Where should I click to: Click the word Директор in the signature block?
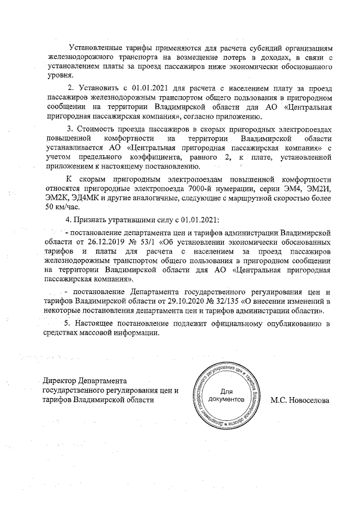point(60,381)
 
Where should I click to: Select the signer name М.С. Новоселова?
point(300,401)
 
